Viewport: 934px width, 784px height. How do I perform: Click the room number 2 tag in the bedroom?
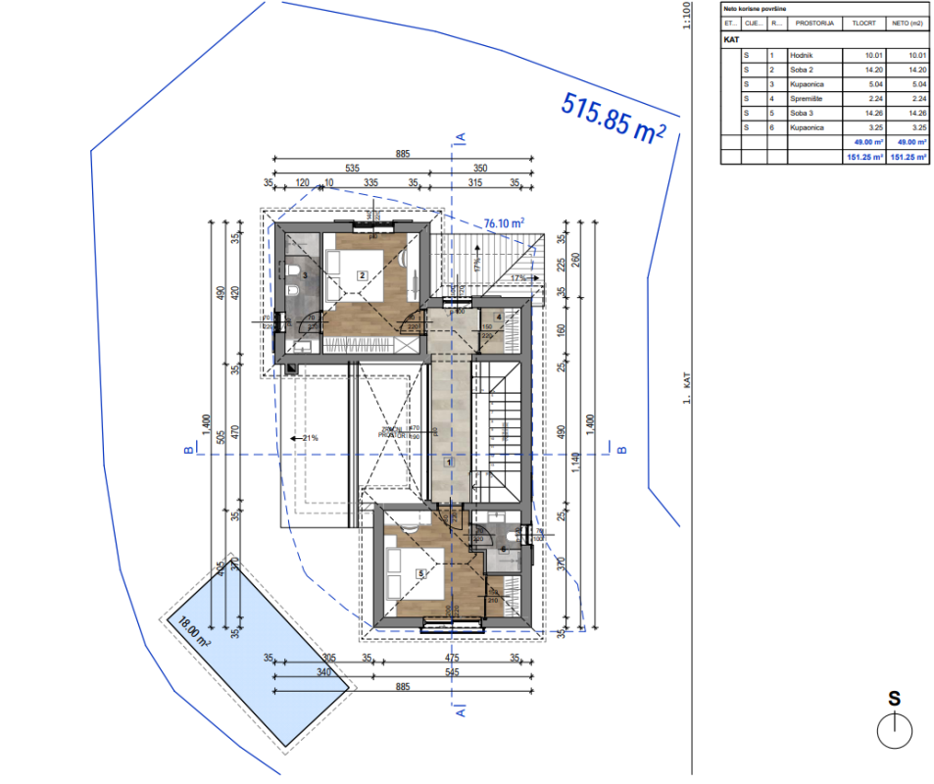362,275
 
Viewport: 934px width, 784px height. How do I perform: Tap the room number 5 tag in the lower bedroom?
421,574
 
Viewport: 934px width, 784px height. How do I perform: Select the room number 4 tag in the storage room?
499,317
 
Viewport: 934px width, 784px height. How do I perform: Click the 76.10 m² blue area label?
504,223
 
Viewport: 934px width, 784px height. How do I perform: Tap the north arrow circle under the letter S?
894,730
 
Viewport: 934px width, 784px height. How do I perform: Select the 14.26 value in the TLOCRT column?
862,113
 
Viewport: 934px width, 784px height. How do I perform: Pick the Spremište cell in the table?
806,99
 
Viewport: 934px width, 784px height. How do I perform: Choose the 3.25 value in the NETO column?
906,127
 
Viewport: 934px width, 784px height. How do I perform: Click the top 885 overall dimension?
402,154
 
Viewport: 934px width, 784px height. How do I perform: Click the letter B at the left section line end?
186,451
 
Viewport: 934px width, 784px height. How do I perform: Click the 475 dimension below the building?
452,658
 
